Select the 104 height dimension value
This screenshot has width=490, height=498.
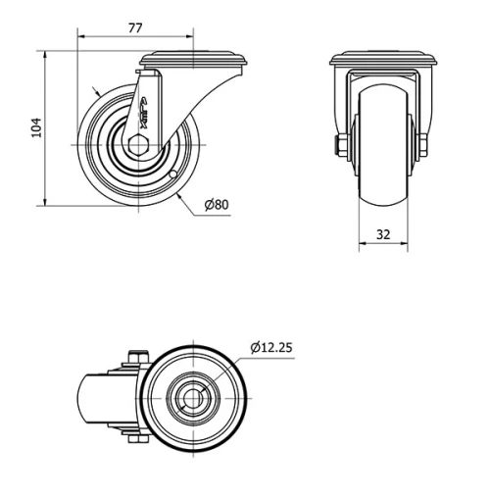coord(35,127)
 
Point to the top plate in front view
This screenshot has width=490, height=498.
coord(381,59)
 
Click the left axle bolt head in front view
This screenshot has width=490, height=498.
coord(339,147)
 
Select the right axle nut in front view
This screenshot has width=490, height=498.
coord(423,147)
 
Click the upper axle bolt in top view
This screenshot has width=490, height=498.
coord(135,358)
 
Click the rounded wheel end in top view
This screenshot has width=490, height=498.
coord(84,399)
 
